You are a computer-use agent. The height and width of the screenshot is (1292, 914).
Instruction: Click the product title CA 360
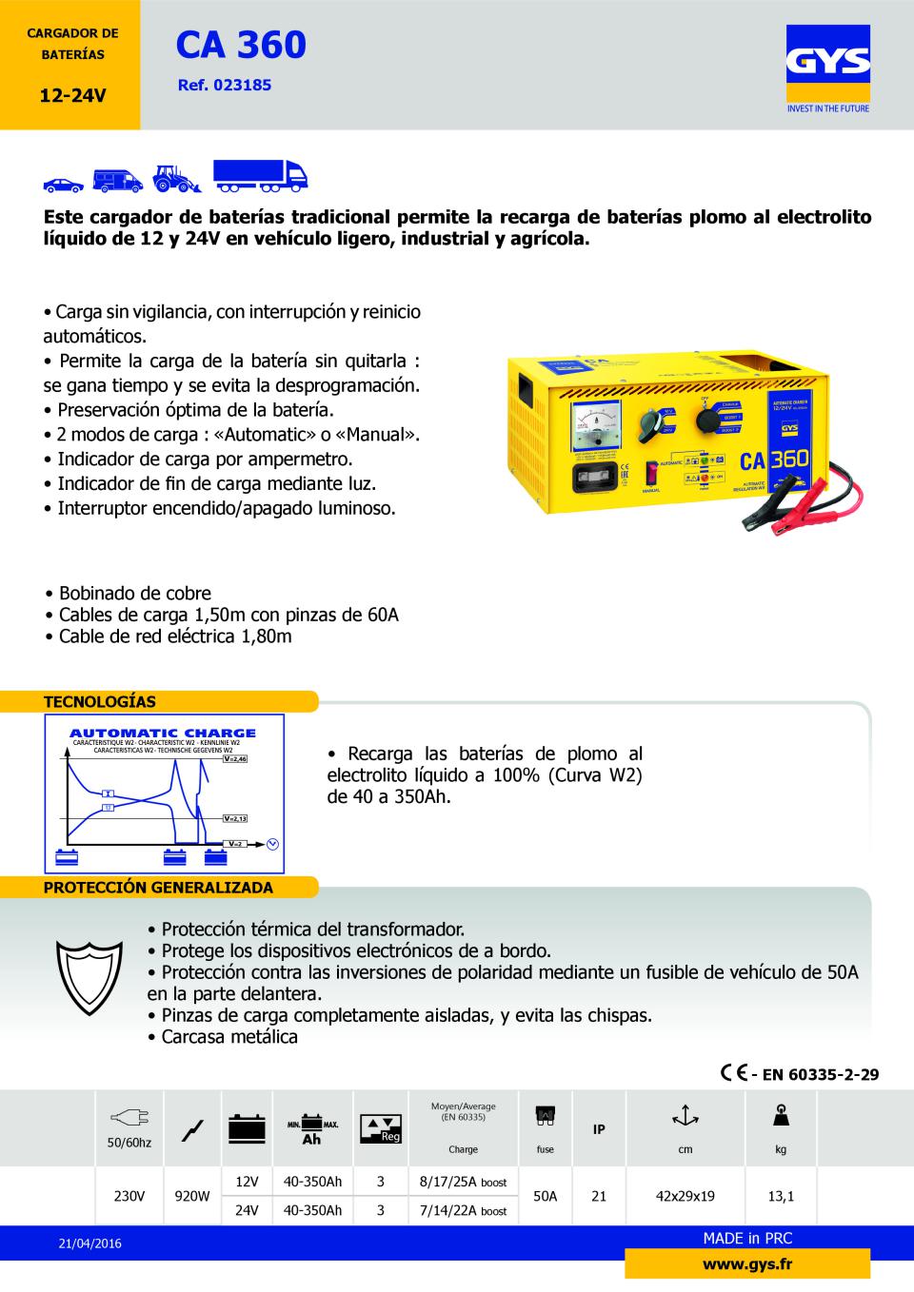241,45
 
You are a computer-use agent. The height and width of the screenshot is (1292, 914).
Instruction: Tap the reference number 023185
225,85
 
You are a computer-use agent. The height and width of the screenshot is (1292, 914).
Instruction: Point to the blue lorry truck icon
260,175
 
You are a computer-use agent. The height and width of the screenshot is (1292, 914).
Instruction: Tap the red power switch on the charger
653,472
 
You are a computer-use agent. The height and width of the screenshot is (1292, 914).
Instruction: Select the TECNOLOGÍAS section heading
100,702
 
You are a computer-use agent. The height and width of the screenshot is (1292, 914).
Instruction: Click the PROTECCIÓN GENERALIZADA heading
158,888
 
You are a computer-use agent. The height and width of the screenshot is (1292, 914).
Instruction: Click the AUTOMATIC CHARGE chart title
163,733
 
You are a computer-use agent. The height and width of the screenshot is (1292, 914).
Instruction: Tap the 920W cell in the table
192,1196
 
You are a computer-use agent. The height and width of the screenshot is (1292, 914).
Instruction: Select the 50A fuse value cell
545,1196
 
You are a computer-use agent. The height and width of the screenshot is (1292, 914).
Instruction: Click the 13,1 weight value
781,1196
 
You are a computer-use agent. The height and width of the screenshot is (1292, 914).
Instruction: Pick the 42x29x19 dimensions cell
685,1196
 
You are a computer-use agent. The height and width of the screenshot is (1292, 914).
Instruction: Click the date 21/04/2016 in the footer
89,1243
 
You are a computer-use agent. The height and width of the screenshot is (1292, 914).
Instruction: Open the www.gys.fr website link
746,1264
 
